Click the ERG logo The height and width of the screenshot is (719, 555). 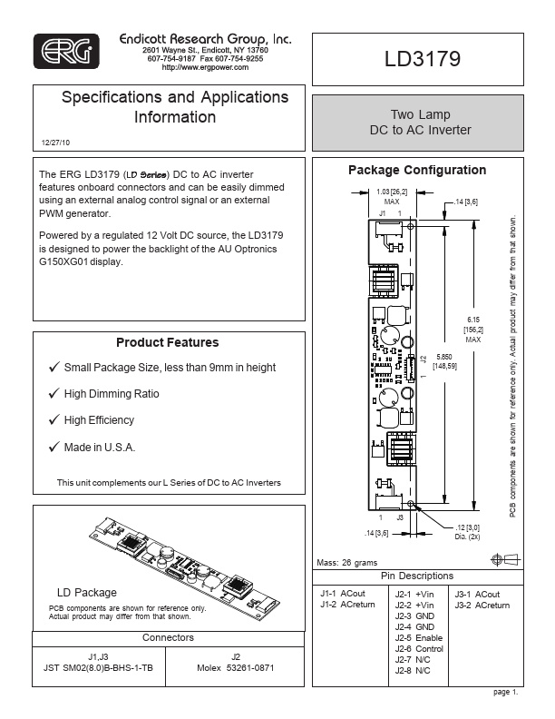65,54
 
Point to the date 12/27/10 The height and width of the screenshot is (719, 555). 56,143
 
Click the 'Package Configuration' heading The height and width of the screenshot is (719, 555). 417,170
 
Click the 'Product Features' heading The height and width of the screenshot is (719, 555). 167,342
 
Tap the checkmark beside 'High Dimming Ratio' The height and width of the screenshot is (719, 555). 54,394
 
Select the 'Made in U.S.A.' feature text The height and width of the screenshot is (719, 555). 100,447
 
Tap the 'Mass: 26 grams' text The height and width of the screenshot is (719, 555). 346,563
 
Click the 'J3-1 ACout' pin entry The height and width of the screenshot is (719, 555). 476,595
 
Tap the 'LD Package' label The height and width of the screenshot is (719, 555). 87,592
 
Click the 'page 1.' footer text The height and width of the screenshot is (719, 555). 506,693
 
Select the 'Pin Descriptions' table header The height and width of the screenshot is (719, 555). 417,576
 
